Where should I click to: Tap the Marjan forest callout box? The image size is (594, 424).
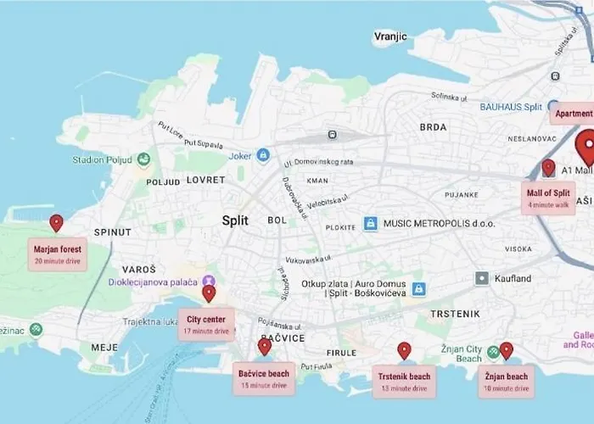click(x=58, y=254)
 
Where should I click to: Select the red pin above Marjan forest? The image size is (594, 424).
click(x=56, y=223)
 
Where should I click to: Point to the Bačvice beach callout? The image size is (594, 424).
click(x=264, y=378)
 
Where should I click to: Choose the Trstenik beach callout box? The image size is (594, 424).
click(x=405, y=381)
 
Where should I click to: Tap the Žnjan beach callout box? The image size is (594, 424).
click(x=507, y=381)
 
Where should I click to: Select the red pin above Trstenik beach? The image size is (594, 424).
click(x=404, y=350)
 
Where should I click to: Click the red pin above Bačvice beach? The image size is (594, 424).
click(x=265, y=346)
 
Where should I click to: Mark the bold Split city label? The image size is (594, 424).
click(x=235, y=220)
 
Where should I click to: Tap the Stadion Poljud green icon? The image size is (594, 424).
click(x=143, y=159)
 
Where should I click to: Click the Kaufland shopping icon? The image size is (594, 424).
click(x=482, y=278)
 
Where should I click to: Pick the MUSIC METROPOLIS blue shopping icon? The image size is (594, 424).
click(x=370, y=224)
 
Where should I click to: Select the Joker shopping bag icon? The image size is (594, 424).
click(x=263, y=155)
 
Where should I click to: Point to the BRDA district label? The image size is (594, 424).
click(x=433, y=127)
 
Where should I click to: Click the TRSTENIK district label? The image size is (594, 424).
click(x=455, y=314)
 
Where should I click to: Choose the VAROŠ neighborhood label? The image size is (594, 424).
click(x=138, y=269)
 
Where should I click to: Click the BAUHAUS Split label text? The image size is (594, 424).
click(x=511, y=107)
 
